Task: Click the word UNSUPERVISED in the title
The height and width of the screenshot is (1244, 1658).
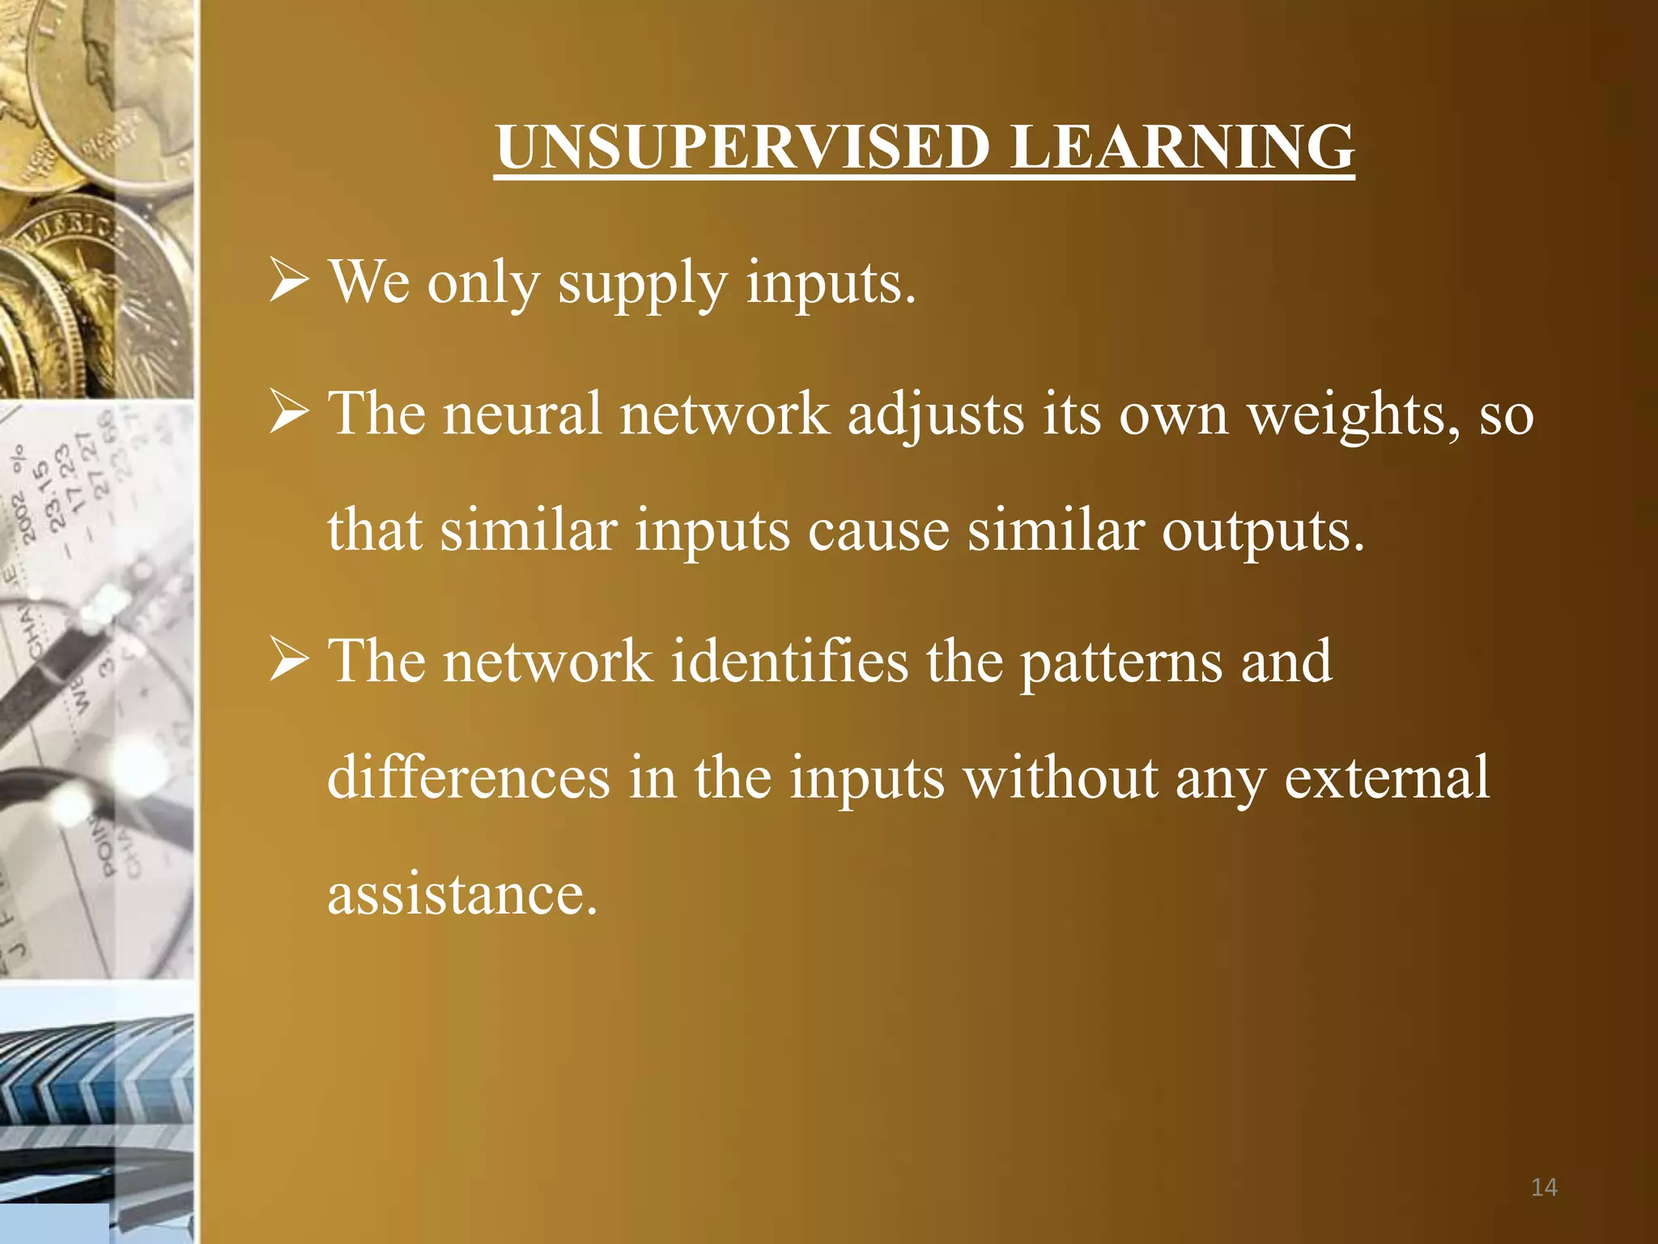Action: pos(743,147)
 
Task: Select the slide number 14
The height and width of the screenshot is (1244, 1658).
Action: pos(1544,1187)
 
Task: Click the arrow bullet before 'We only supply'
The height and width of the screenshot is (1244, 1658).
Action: pos(289,280)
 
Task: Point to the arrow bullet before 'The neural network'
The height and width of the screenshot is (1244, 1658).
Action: pos(289,411)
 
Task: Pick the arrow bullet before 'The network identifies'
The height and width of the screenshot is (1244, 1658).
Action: pos(289,659)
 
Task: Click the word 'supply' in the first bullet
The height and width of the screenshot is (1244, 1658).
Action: pos(643,283)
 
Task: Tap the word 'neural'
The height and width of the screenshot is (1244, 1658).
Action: pos(522,413)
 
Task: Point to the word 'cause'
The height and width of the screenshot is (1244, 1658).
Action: pos(878,531)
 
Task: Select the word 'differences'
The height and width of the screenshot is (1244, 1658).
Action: pos(468,777)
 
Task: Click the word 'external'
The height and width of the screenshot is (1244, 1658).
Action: pos(1387,777)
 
